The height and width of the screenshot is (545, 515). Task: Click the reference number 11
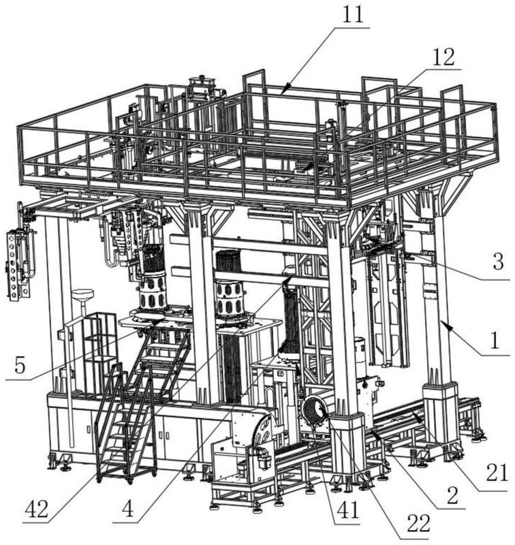[x=352, y=16]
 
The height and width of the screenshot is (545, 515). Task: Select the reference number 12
[x=441, y=57]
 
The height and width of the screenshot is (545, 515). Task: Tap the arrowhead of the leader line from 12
[x=305, y=168]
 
